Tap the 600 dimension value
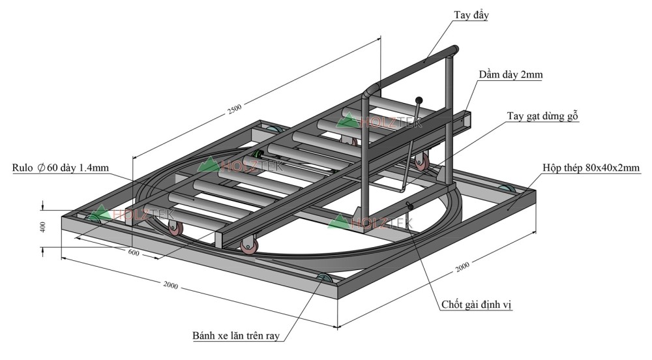pos(134,252)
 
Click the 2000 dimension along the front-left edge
pos(171,286)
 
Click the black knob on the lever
pos(419,100)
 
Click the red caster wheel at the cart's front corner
pos(248,246)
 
